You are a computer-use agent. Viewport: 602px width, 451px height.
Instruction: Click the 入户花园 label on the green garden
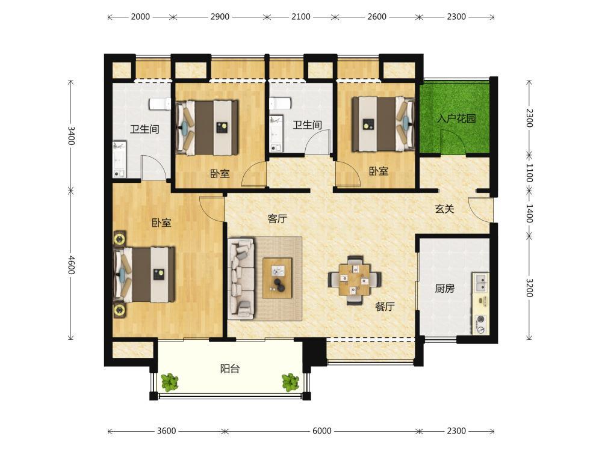click(456, 118)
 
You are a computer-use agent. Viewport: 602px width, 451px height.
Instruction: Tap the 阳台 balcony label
click(230, 369)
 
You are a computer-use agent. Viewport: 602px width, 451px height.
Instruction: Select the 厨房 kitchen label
click(445, 289)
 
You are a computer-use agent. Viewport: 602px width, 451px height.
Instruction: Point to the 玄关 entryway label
click(444, 209)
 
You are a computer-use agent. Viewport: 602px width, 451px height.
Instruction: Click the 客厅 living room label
click(277, 219)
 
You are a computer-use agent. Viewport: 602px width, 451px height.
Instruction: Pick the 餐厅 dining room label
click(385, 307)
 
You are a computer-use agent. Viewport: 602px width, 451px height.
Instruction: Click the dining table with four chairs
click(355, 280)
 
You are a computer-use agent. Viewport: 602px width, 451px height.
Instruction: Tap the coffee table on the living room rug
click(277, 278)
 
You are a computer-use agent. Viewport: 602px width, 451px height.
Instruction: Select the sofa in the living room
click(241, 279)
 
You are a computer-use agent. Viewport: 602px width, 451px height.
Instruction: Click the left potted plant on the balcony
click(169, 382)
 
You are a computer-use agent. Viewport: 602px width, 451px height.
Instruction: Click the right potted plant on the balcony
click(290, 382)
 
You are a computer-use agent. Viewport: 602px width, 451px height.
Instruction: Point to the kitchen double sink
click(480, 283)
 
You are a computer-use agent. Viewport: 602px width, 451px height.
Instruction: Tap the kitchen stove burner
click(480, 319)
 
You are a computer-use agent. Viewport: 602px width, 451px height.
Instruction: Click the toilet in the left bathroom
click(160, 104)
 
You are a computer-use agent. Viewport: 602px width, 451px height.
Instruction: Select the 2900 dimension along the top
click(220, 17)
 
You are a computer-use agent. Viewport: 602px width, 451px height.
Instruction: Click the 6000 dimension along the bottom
click(321, 431)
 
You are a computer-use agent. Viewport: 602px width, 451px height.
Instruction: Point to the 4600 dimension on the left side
click(70, 265)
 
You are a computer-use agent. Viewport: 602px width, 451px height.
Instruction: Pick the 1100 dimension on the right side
click(529, 173)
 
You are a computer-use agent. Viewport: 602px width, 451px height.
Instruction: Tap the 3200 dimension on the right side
click(529, 287)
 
